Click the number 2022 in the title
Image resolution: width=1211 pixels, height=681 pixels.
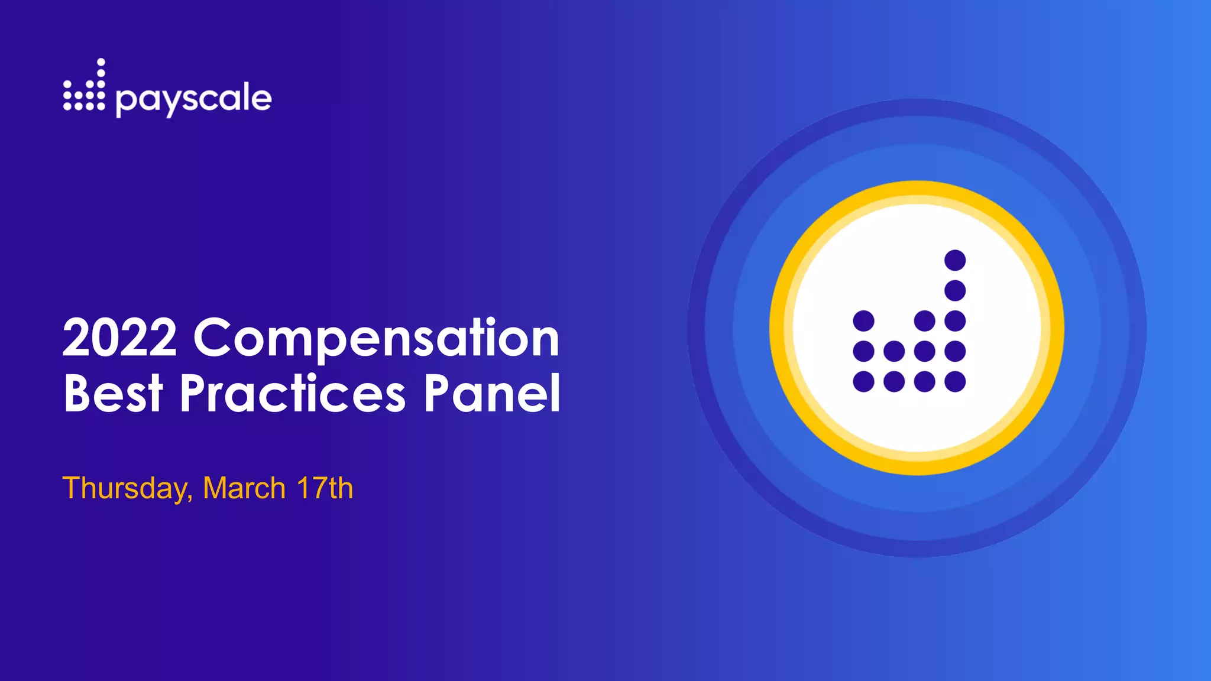tap(119, 338)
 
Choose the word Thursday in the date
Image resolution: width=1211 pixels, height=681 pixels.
tap(127, 489)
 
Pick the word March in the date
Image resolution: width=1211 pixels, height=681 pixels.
tap(244, 488)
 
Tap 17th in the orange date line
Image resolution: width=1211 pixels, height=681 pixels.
tap(325, 488)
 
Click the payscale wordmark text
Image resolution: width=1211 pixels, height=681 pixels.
tap(193, 99)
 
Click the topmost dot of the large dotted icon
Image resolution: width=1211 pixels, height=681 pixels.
tap(955, 260)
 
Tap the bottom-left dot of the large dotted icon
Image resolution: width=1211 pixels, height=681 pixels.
tap(863, 381)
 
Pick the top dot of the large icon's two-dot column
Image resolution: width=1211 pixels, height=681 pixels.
tap(894, 351)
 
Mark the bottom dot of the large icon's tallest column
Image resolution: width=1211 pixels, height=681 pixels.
tap(955, 381)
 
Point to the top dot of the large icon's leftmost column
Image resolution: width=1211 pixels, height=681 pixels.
tap(863, 321)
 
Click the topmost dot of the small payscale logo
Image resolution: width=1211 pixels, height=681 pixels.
tap(101, 61)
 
